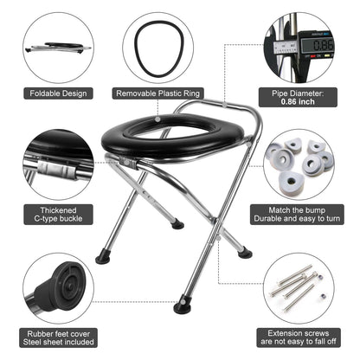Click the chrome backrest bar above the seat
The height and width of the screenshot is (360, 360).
(221, 108)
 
